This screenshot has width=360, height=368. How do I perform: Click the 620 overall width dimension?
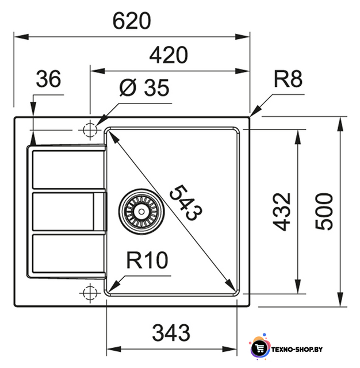[132, 21]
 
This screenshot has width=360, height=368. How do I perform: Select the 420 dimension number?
[168, 55]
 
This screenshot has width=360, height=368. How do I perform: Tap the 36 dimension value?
[48, 79]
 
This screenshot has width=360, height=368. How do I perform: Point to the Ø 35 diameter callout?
[144, 87]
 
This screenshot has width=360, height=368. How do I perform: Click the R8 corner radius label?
[288, 79]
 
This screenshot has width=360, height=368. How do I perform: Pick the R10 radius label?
[147, 260]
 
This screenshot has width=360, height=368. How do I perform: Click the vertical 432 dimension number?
[282, 212]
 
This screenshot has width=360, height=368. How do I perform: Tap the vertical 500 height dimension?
[324, 212]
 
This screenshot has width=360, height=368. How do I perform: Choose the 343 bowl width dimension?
[171, 333]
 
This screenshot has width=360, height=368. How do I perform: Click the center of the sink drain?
[141, 212]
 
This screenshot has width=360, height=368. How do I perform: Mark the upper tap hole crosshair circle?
[90, 129]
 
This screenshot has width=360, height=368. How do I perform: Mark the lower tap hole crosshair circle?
[90, 293]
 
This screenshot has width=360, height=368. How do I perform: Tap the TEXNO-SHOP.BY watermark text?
[297, 350]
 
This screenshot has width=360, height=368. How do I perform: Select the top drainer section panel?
[68, 170]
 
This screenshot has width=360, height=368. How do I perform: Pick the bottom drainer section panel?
[68, 254]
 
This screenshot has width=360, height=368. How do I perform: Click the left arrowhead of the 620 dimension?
[21, 37]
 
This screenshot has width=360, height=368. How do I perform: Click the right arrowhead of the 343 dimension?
[229, 349]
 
